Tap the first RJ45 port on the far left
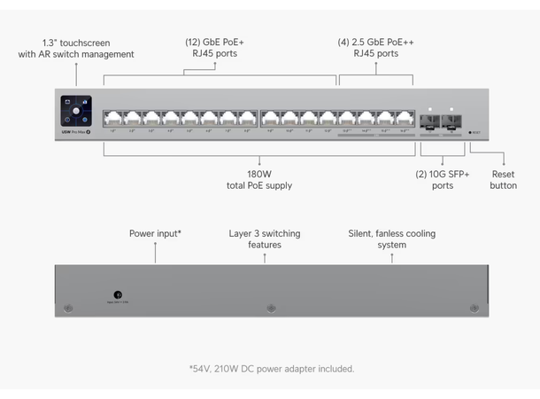point(112,119)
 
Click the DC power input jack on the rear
point(119,294)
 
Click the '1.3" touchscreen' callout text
point(76,43)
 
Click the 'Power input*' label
point(155,233)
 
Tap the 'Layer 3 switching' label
point(264,233)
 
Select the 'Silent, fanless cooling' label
point(391,233)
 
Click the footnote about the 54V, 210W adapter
point(271,368)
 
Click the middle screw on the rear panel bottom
point(270,309)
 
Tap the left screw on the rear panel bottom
point(68,309)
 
